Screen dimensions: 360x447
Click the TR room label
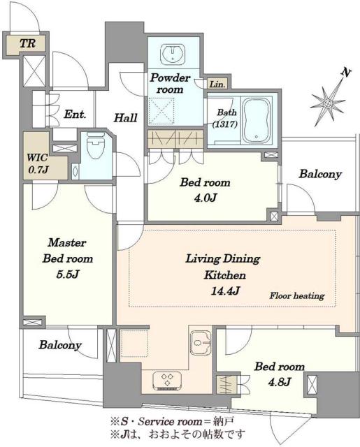(x=27, y=43)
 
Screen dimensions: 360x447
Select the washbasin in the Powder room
(x=173, y=54)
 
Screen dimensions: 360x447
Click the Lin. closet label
(x=217, y=84)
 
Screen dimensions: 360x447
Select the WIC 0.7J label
(x=37, y=163)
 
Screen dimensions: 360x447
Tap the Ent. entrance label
(x=75, y=115)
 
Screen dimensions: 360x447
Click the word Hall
(x=126, y=118)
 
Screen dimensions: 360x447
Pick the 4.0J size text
(x=206, y=198)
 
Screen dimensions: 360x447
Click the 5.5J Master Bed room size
(x=67, y=274)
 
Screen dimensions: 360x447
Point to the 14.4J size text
(x=225, y=291)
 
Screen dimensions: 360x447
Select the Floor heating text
(x=297, y=295)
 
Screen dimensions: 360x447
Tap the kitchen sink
(x=200, y=343)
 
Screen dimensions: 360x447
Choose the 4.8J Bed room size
(x=280, y=381)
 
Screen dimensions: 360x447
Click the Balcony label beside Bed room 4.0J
(x=320, y=174)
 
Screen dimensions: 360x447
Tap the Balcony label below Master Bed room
(x=60, y=344)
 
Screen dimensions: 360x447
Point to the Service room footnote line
(x=172, y=420)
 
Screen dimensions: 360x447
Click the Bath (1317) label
(x=225, y=118)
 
